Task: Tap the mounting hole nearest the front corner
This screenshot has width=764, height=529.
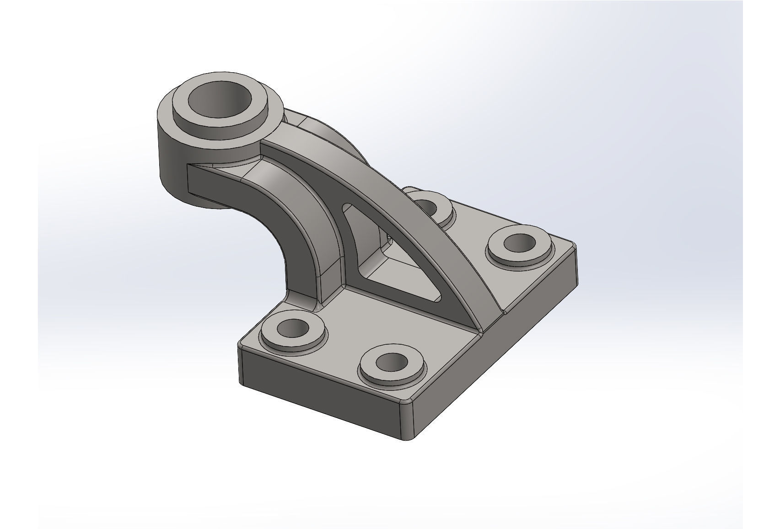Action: (392, 363)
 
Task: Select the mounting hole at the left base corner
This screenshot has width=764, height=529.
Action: (293, 328)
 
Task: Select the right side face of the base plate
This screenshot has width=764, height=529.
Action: (503, 347)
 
